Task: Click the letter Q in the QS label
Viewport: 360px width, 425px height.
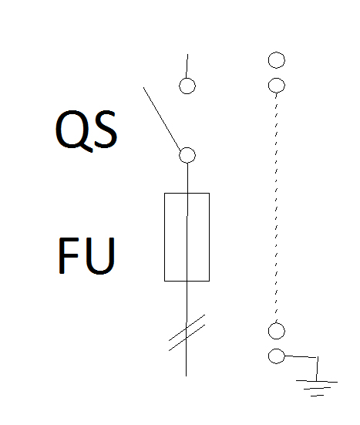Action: coord(74,131)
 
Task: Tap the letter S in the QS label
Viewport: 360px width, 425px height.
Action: coord(106,130)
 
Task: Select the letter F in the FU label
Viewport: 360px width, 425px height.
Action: coord(68,255)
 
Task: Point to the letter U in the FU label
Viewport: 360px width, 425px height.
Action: coord(100,256)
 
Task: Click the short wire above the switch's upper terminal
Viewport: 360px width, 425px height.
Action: coord(187,66)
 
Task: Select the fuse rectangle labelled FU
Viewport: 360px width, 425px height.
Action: coord(165,237)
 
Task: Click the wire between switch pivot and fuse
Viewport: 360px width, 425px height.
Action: coord(187,178)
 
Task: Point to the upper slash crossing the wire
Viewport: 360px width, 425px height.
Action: coord(187,328)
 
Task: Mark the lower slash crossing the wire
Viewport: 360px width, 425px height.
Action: coord(187,338)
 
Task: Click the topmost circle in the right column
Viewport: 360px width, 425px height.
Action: coord(277,52)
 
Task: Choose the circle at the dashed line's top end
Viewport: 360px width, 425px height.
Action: coord(277,78)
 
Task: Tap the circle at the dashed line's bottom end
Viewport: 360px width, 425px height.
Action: coord(277,323)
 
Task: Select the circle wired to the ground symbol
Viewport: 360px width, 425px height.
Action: coord(277,349)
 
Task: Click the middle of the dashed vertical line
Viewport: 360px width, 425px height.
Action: coord(276,208)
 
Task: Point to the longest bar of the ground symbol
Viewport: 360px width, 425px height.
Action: coord(317,381)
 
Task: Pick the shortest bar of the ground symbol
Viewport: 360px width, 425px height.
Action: coord(317,396)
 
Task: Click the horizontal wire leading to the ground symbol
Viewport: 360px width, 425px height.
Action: coord(301,356)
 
